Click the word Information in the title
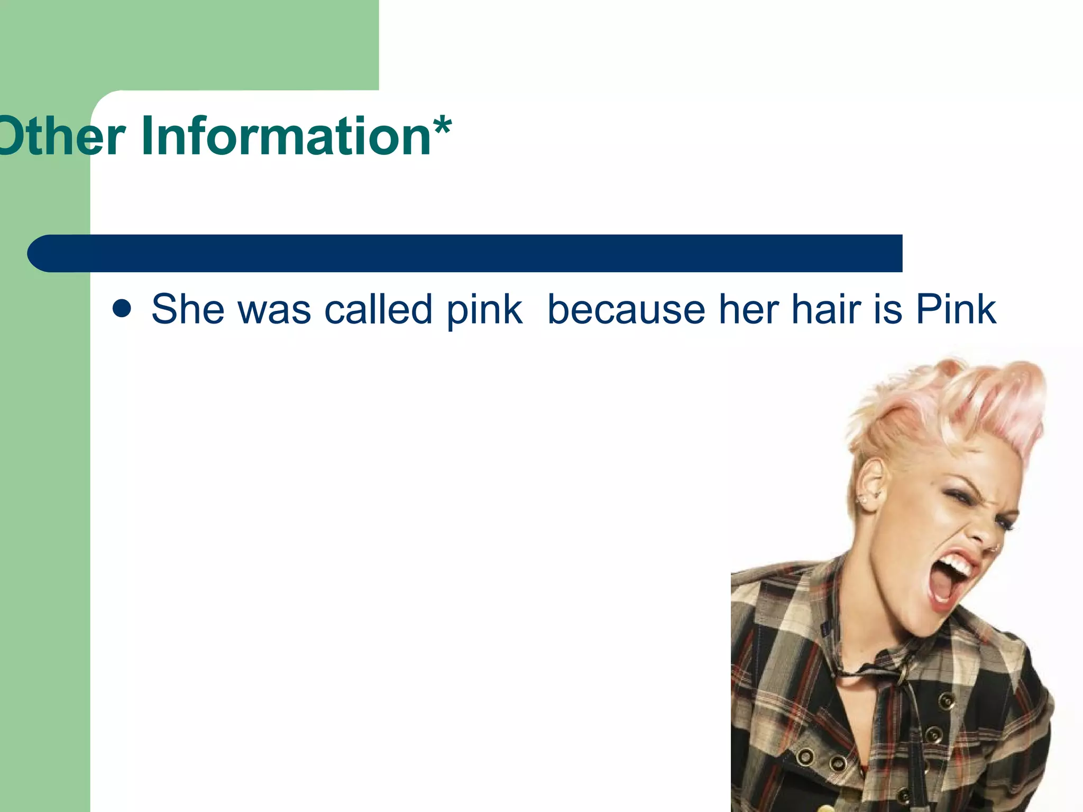click(x=286, y=136)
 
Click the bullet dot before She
click(x=122, y=309)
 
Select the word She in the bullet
click(x=188, y=309)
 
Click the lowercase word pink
click(x=484, y=312)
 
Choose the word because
click(x=626, y=309)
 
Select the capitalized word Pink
click(x=956, y=309)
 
